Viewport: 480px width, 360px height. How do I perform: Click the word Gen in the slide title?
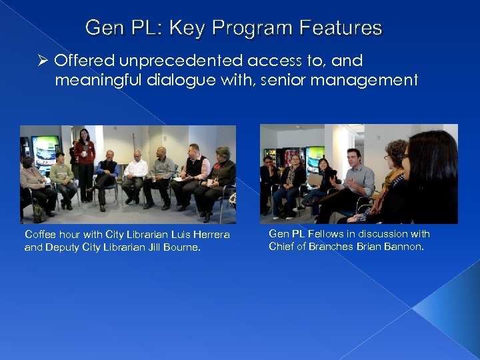tap(101, 29)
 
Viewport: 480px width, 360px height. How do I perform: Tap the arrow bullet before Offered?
tap(43, 61)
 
